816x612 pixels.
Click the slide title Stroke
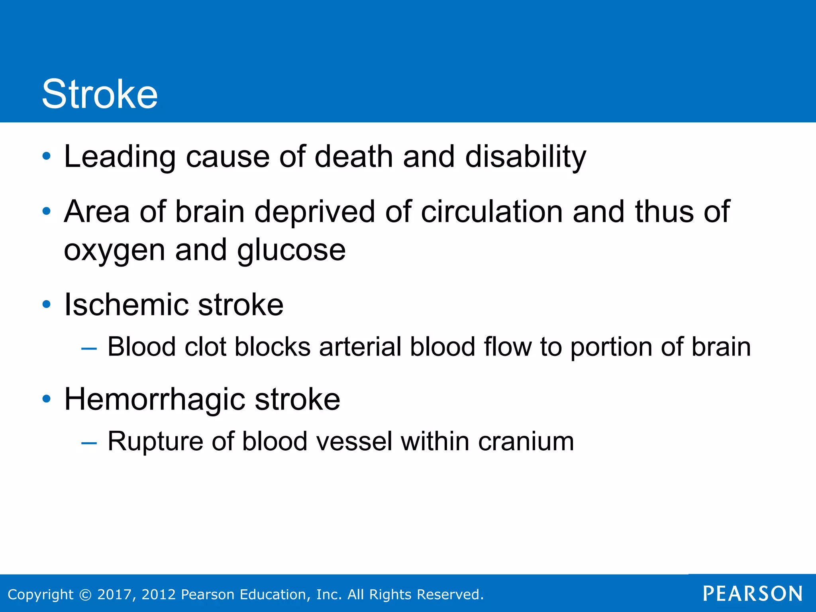tap(100, 94)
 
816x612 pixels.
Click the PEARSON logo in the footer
tap(753, 594)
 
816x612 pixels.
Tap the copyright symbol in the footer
tap(85, 595)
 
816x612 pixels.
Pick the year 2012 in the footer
tap(159, 594)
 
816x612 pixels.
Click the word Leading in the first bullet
tap(120, 157)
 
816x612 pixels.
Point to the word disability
tap(526, 157)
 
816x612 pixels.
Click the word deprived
tap(314, 212)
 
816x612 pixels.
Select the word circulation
tap(492, 212)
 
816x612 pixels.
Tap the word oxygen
tap(114, 251)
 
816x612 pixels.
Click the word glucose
tap(291, 251)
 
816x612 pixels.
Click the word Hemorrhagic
tap(154, 400)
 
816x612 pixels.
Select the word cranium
tap(526, 442)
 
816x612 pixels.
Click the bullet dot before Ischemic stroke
tap(47, 305)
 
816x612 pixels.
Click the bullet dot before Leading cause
tap(47, 156)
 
